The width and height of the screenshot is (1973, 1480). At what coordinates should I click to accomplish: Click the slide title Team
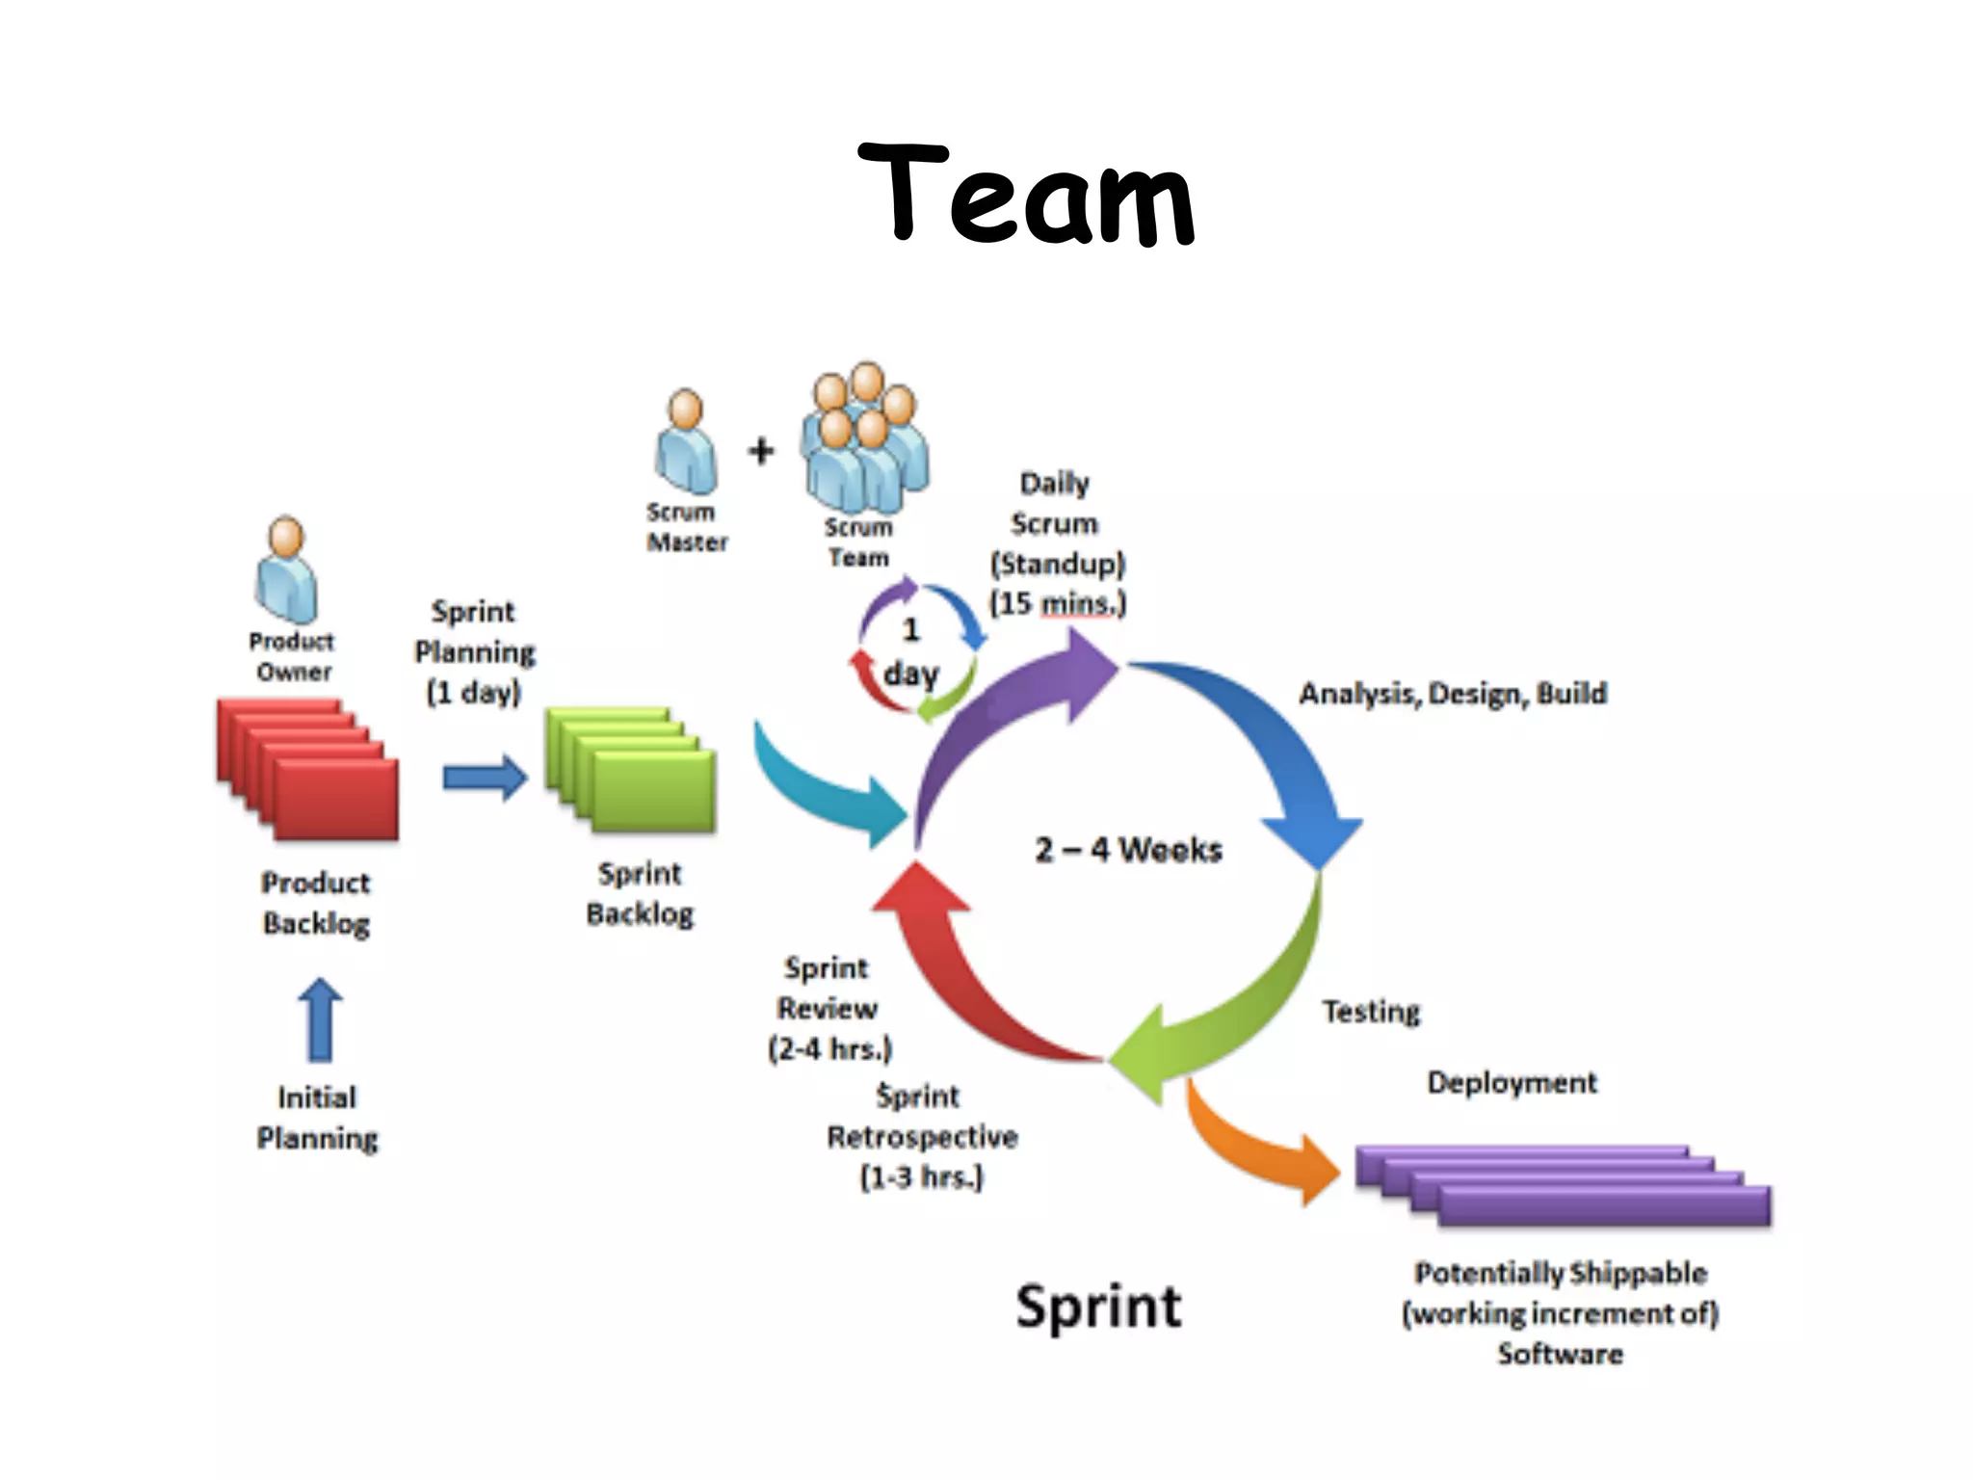click(x=1025, y=193)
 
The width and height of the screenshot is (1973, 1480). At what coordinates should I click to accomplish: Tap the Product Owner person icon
click(x=286, y=570)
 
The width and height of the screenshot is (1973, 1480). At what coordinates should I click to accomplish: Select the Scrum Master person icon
click(x=686, y=442)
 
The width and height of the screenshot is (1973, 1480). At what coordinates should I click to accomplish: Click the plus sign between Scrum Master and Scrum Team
click(x=761, y=450)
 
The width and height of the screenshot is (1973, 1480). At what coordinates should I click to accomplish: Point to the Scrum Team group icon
click(x=864, y=439)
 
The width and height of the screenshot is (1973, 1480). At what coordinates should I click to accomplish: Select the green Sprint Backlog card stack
click(x=632, y=771)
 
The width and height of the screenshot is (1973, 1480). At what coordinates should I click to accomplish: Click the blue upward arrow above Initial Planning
click(x=320, y=1019)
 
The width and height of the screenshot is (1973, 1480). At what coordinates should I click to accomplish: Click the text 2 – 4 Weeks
click(x=1128, y=850)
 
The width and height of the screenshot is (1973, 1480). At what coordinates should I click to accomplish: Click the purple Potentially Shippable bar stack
click(x=1563, y=1185)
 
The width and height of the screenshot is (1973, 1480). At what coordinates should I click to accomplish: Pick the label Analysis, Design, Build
click(x=1453, y=694)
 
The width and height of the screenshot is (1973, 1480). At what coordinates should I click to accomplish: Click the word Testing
click(x=1371, y=1012)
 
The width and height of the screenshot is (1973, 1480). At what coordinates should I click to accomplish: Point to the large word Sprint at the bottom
click(x=1098, y=1308)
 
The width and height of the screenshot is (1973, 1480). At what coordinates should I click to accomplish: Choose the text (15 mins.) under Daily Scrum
click(x=1058, y=604)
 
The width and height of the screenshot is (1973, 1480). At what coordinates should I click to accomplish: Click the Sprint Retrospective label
click(x=921, y=1137)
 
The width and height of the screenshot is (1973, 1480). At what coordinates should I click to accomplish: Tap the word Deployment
click(x=1512, y=1083)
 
